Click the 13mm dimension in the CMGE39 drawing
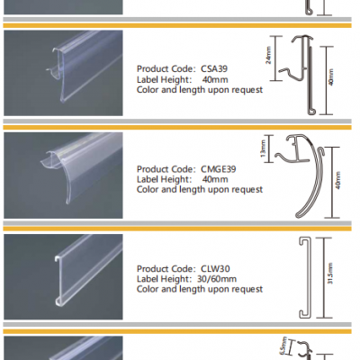(x=262, y=147)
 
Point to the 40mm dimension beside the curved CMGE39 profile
(x=337, y=180)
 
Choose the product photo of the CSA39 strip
(x=63, y=76)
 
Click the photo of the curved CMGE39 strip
(x=63, y=177)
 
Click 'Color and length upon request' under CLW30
(x=199, y=289)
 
